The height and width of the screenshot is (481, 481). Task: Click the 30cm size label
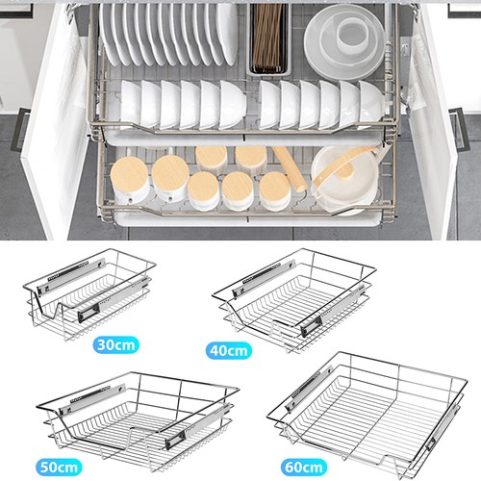(116, 344)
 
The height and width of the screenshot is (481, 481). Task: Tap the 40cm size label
(229, 350)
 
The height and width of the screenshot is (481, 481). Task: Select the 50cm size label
(59, 467)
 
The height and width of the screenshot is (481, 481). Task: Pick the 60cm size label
(304, 467)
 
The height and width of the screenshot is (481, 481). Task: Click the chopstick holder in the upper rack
(269, 40)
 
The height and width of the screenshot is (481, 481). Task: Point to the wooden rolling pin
(291, 169)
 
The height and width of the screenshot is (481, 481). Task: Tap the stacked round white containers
(344, 41)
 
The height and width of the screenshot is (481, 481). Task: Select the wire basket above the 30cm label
(89, 293)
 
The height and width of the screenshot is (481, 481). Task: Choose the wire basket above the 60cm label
(367, 416)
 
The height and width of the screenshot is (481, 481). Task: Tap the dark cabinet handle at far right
(460, 130)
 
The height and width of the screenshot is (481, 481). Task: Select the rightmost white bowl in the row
(372, 103)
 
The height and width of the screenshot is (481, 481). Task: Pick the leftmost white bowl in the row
(131, 103)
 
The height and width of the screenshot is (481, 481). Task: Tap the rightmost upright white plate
(226, 34)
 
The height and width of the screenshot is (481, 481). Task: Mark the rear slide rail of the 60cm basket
(309, 389)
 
